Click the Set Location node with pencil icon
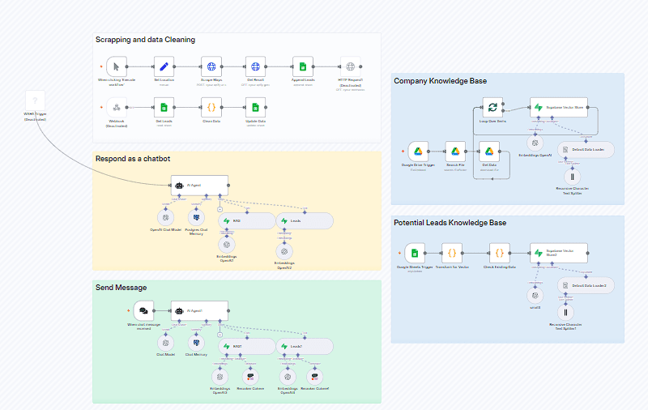coord(164,67)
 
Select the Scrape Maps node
coord(211,67)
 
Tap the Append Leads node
coord(302,67)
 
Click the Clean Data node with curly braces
coord(211,107)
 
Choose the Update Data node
coord(256,107)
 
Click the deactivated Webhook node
coord(117,107)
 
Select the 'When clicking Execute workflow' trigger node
coord(117,67)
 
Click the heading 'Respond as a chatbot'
coord(133,159)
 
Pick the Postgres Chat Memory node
coord(196,217)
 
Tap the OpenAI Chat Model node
coord(166,217)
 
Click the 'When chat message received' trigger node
coord(144,311)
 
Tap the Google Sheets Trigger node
coord(415,252)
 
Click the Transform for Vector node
coord(453,252)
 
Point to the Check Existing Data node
coord(500,252)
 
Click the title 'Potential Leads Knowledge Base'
coord(450,223)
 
